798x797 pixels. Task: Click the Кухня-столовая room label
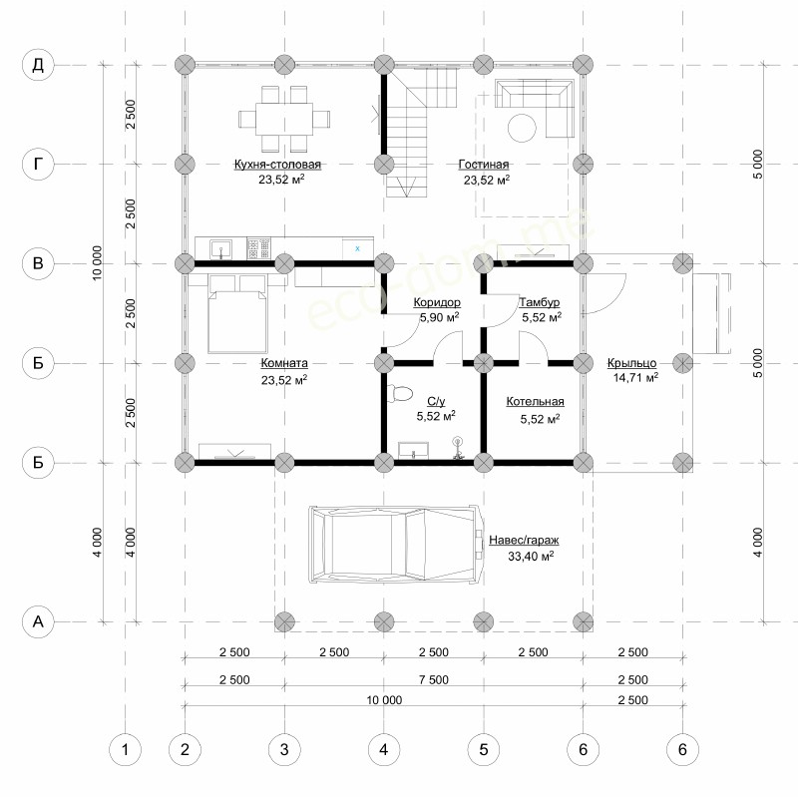point(277,165)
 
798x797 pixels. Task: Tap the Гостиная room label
point(484,165)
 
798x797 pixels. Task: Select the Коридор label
point(437,302)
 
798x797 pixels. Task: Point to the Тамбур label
point(540,302)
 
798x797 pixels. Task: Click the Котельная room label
point(535,402)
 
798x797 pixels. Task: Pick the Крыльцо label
point(631,363)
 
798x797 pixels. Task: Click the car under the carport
point(396,544)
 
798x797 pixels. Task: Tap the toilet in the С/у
point(401,393)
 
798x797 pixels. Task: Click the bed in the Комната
point(237,314)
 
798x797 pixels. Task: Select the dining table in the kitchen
point(284,119)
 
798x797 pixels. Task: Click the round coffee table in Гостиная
point(522,128)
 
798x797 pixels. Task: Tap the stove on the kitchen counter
point(259,248)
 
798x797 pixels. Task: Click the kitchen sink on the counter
point(220,248)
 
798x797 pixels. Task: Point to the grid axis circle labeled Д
point(38,65)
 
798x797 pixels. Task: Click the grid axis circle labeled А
point(38,621)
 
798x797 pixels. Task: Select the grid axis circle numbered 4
point(384,749)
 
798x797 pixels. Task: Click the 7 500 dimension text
point(434,680)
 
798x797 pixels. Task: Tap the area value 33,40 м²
point(531,556)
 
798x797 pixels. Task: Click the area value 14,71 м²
point(635,378)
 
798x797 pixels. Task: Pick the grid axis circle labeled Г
point(38,165)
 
